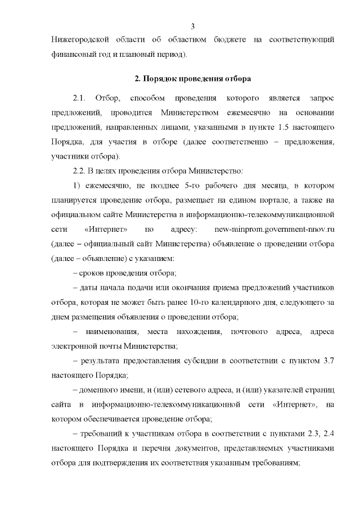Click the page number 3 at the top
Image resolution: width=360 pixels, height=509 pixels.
[193, 26]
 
